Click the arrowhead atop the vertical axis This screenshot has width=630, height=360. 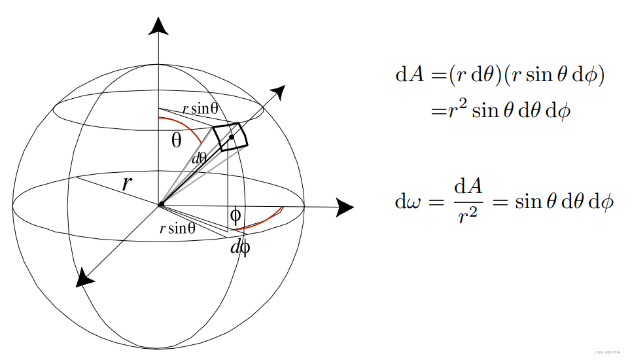coord(158,26)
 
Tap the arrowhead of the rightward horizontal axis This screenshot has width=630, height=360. coord(344,207)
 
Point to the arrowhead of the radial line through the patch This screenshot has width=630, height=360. coord(279,92)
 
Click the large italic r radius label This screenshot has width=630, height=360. coord(127,183)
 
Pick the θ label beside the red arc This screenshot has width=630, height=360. coord(177,139)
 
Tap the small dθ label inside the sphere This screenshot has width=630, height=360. coord(199,158)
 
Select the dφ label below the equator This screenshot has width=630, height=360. coord(240,247)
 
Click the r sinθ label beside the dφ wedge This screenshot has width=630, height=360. coord(178,228)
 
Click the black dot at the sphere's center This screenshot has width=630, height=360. coord(160,206)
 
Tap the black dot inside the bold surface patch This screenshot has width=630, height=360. coord(232,137)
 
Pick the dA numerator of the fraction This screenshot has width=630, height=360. coord(468,189)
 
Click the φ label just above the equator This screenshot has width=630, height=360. coord(236,215)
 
